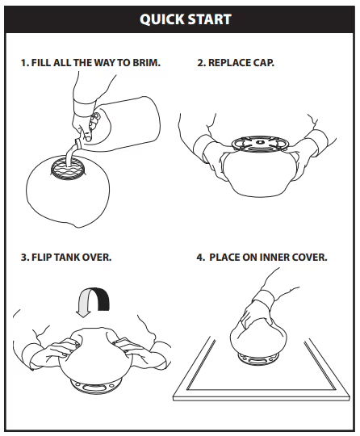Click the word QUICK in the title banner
(162, 19)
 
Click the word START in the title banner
(210, 19)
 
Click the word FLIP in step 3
(42, 258)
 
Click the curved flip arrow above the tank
(94, 302)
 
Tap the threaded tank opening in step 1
(68, 168)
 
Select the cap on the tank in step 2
(260, 144)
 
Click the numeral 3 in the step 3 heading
(24, 258)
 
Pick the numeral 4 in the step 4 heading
(200, 258)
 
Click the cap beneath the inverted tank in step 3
(96, 387)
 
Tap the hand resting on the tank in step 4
(254, 312)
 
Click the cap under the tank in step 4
(258, 359)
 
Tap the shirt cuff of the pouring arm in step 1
(84, 108)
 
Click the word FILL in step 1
(41, 62)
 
